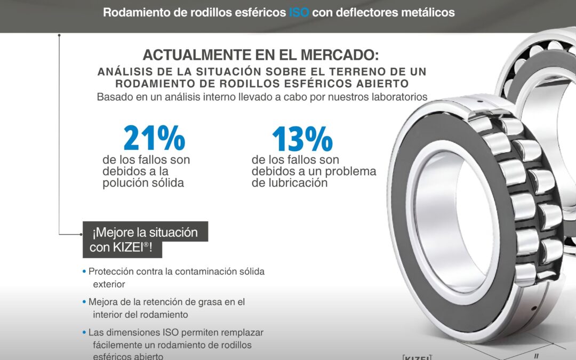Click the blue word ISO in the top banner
point(299,12)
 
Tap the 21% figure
point(154,138)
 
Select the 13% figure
point(302,138)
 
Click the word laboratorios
point(395,97)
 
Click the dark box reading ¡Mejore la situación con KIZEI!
point(145,239)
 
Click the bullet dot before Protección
point(84,271)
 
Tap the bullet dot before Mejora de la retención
point(84,302)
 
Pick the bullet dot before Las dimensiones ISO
point(84,332)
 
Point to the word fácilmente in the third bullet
point(116,345)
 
